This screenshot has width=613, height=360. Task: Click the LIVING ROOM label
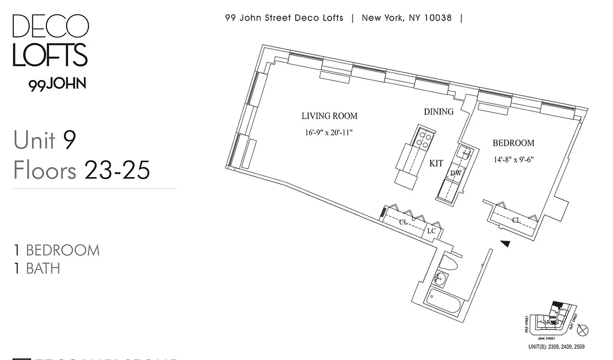pyautogui.click(x=329, y=116)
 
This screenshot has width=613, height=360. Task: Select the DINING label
pyautogui.click(x=438, y=112)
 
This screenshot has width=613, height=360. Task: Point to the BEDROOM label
pyautogui.click(x=513, y=143)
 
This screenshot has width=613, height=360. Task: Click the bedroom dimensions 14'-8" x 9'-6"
pyautogui.click(x=513, y=159)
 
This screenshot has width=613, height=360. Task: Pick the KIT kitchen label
pyautogui.click(x=436, y=164)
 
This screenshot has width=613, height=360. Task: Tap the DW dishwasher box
pyautogui.click(x=455, y=173)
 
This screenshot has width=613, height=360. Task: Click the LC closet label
pyautogui.click(x=431, y=231)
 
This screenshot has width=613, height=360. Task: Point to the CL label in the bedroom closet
pyautogui.click(x=516, y=220)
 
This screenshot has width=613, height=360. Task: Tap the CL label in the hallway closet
pyautogui.click(x=403, y=222)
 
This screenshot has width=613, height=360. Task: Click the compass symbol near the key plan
pyautogui.click(x=583, y=330)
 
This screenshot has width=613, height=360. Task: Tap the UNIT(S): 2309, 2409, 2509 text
pyautogui.click(x=556, y=347)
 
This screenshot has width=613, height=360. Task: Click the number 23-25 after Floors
pyautogui.click(x=117, y=171)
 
